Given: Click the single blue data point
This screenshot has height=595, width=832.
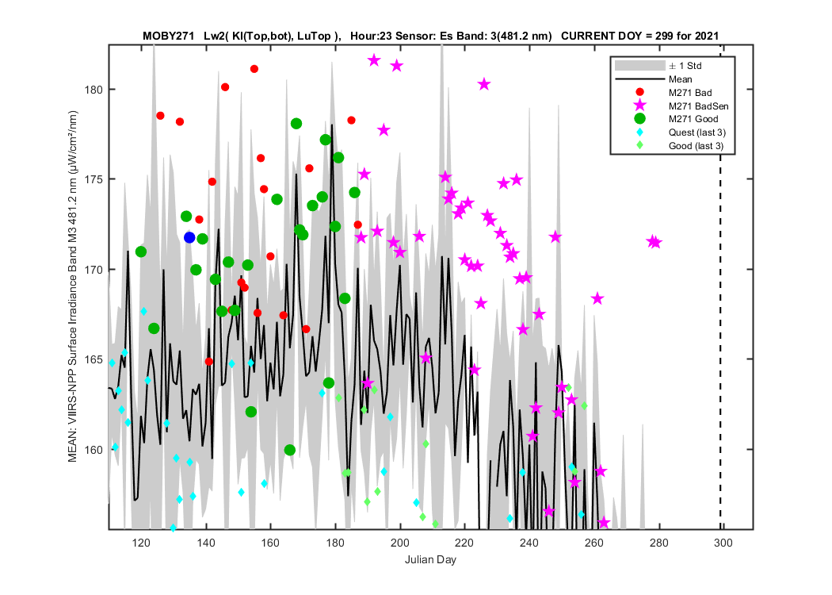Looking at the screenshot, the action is tap(189, 237).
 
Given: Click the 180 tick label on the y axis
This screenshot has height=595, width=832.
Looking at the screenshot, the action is tap(94, 90).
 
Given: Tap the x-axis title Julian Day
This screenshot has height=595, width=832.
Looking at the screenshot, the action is tap(430, 559).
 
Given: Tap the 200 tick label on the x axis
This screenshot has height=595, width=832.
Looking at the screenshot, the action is tap(399, 543).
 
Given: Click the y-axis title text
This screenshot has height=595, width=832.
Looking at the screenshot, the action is tap(73, 286).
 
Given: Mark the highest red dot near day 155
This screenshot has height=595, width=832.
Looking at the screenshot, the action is tap(254, 69).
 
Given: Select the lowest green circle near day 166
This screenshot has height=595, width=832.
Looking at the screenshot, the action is tap(290, 450).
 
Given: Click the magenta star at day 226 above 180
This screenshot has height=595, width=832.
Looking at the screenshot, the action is tap(484, 84).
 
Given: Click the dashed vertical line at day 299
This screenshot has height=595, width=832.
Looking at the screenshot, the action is tap(720, 287).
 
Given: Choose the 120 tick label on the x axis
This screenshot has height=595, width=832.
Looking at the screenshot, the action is tap(141, 543).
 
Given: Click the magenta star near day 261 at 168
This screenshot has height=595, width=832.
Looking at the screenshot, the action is tap(597, 298).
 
